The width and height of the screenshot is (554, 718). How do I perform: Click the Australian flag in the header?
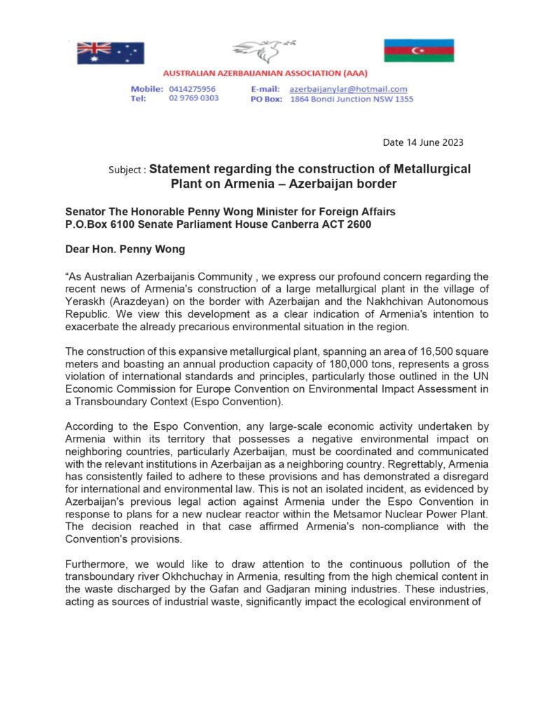pyautogui.click(x=111, y=53)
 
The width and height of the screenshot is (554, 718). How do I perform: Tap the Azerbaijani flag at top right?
pyautogui.click(x=418, y=50)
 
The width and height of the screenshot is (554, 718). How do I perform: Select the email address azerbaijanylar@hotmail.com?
pyautogui.click(x=348, y=89)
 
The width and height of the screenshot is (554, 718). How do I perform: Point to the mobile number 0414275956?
pyautogui.click(x=192, y=89)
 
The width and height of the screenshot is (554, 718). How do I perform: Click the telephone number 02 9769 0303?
pyautogui.click(x=193, y=98)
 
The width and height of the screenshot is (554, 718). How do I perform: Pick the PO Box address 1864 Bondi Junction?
pyautogui.click(x=351, y=99)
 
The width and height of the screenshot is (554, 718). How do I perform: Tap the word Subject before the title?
pyautogui.click(x=126, y=170)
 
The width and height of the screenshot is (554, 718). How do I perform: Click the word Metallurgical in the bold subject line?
pyautogui.click(x=427, y=169)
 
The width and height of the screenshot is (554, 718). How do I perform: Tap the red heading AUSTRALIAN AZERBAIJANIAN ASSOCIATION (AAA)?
pyautogui.click(x=264, y=73)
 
